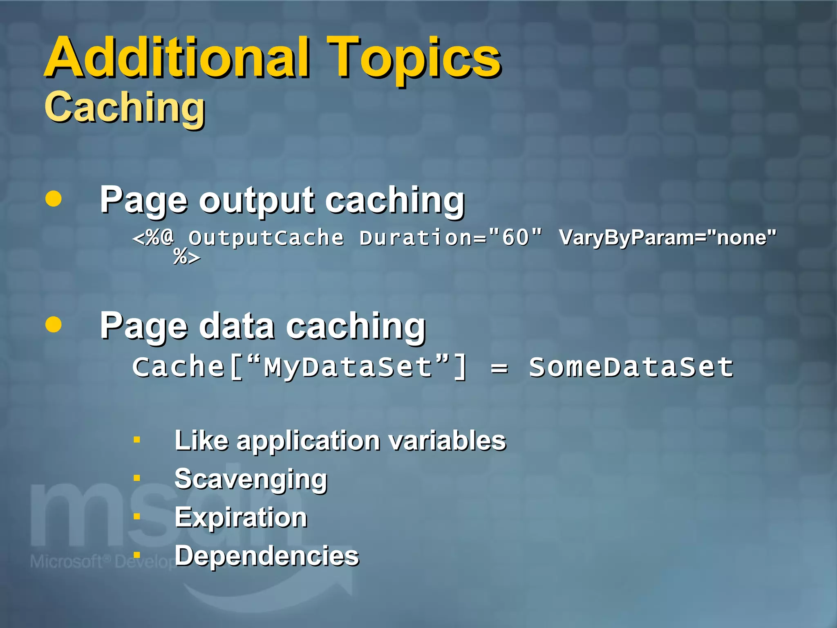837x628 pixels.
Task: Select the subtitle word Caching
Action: pyautogui.click(x=125, y=107)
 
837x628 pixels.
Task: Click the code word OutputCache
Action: pyautogui.click(x=266, y=238)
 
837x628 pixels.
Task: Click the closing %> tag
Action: pyautogui.click(x=187, y=257)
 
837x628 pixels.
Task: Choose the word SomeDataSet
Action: pyautogui.click(x=631, y=367)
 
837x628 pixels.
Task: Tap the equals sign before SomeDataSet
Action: pyautogui.click(x=499, y=368)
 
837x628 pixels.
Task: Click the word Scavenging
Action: pyautogui.click(x=251, y=479)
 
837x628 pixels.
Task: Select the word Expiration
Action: pyautogui.click(x=241, y=517)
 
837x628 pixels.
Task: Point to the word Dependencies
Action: pyautogui.click(x=266, y=556)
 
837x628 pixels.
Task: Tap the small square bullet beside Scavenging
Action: pyautogui.click(x=137, y=478)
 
